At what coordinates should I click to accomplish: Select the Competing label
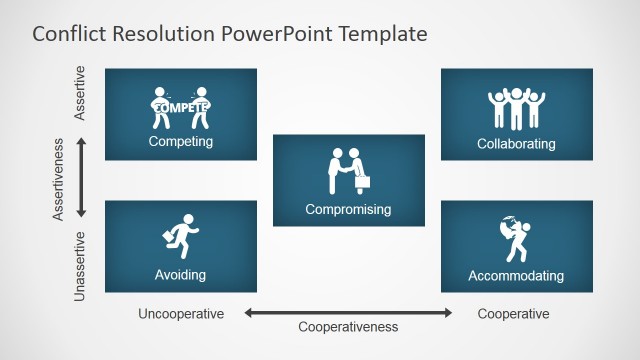tap(181, 141)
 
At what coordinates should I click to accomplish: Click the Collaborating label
tap(516, 144)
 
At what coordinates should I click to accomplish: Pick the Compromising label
tap(348, 210)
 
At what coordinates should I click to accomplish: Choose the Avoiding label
tap(181, 274)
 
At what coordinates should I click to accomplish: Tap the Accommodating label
tap(516, 275)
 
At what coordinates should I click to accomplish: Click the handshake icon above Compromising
tap(349, 171)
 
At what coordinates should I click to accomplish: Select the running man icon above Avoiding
tap(182, 236)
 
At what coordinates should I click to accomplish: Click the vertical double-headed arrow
tap(81, 178)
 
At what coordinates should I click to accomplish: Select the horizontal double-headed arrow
tap(348, 313)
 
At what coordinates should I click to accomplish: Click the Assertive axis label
tap(81, 94)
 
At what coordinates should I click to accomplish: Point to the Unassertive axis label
tap(81, 266)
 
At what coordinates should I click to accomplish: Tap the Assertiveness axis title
tap(60, 179)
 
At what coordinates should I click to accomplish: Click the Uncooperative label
tap(181, 314)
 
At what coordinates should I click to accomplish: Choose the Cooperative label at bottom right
tap(513, 314)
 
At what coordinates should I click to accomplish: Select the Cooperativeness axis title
tap(348, 327)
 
